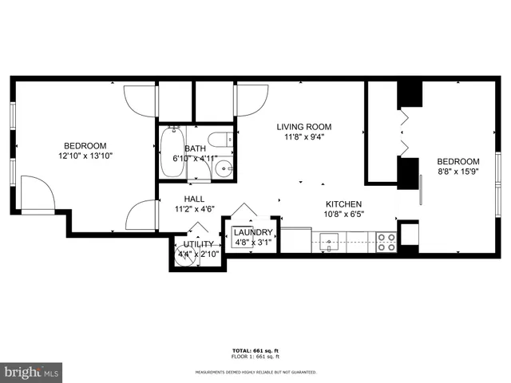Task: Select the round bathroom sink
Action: tap(225, 168)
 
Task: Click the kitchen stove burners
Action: tap(386, 241)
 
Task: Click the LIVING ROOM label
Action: tap(303, 126)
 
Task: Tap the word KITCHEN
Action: tap(344, 204)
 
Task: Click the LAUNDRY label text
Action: tap(252, 232)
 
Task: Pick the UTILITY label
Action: tap(198, 244)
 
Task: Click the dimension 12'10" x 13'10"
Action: tap(85, 156)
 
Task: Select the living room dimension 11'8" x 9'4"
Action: tap(303, 136)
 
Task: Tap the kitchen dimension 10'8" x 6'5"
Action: tap(344, 214)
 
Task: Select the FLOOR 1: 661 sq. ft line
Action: tap(255, 357)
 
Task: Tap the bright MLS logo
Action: tap(32, 372)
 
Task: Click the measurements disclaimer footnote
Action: tap(255, 372)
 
